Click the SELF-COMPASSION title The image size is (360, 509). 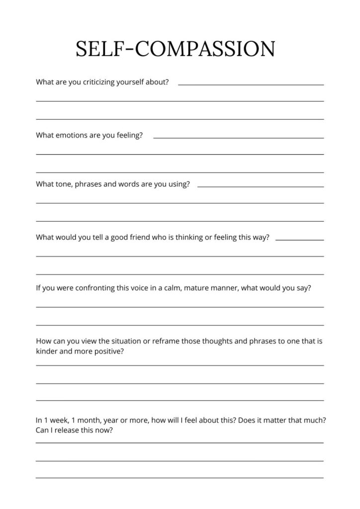click(175, 50)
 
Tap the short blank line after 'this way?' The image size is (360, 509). click(299, 240)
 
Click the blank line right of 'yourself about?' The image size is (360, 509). click(251, 85)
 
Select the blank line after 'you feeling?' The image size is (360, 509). click(239, 138)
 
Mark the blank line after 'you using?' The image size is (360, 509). click(261, 187)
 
